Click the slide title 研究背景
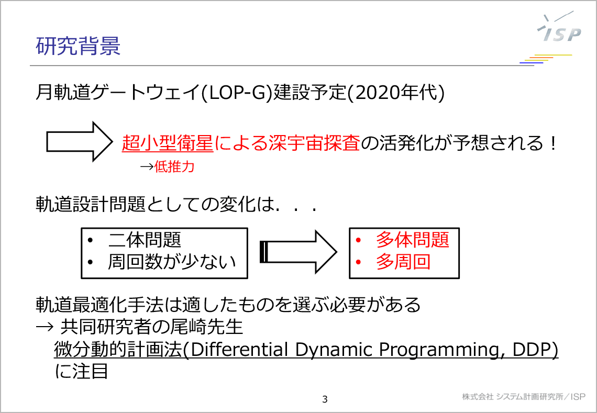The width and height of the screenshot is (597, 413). pyautogui.click(x=79, y=46)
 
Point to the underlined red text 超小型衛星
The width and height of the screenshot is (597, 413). pyautogui.click(x=168, y=142)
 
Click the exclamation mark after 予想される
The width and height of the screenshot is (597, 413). pyautogui.click(x=551, y=142)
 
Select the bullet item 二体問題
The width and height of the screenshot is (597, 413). pyautogui.click(x=145, y=240)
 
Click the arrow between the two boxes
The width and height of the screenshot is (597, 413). pyautogui.click(x=297, y=252)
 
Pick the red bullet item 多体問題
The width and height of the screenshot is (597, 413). pyautogui.click(x=412, y=240)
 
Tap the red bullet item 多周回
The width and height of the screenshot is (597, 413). pyautogui.click(x=403, y=261)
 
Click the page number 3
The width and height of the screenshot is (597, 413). pyautogui.click(x=325, y=400)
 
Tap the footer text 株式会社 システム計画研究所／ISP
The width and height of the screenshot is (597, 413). pyautogui.click(x=523, y=397)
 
